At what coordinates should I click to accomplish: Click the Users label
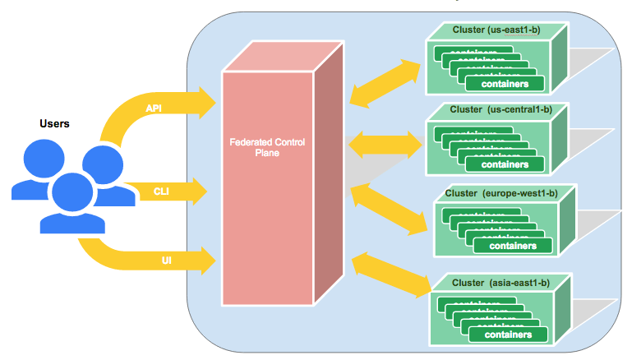point(54,124)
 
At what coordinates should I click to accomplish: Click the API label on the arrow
point(154,108)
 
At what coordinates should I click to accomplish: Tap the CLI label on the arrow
point(161,192)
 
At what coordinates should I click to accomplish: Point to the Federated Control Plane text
point(267,148)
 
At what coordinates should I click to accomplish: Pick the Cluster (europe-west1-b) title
point(501,194)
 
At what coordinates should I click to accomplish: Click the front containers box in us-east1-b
point(504,84)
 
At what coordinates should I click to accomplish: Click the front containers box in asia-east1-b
point(507,335)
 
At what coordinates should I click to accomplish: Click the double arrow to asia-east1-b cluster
point(390,274)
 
